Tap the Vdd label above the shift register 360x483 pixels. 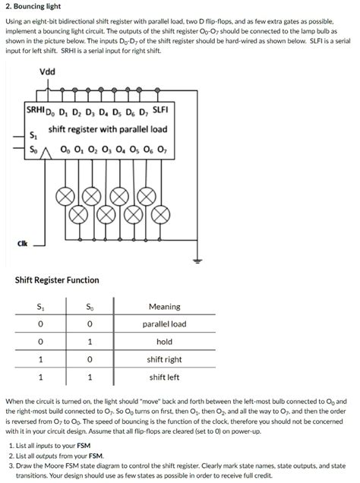pos(47,72)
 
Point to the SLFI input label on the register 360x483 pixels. pos(160,111)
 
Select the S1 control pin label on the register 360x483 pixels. pos(31,135)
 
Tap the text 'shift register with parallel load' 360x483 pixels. pos(107,130)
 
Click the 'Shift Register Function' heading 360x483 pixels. pos(57,280)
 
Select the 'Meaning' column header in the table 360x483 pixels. pos(164,307)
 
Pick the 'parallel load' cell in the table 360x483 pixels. pos(164,324)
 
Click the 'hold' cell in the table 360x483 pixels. pos(164,342)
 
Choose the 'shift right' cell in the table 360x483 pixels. pos(164,359)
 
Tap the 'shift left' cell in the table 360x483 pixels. pos(164,377)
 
